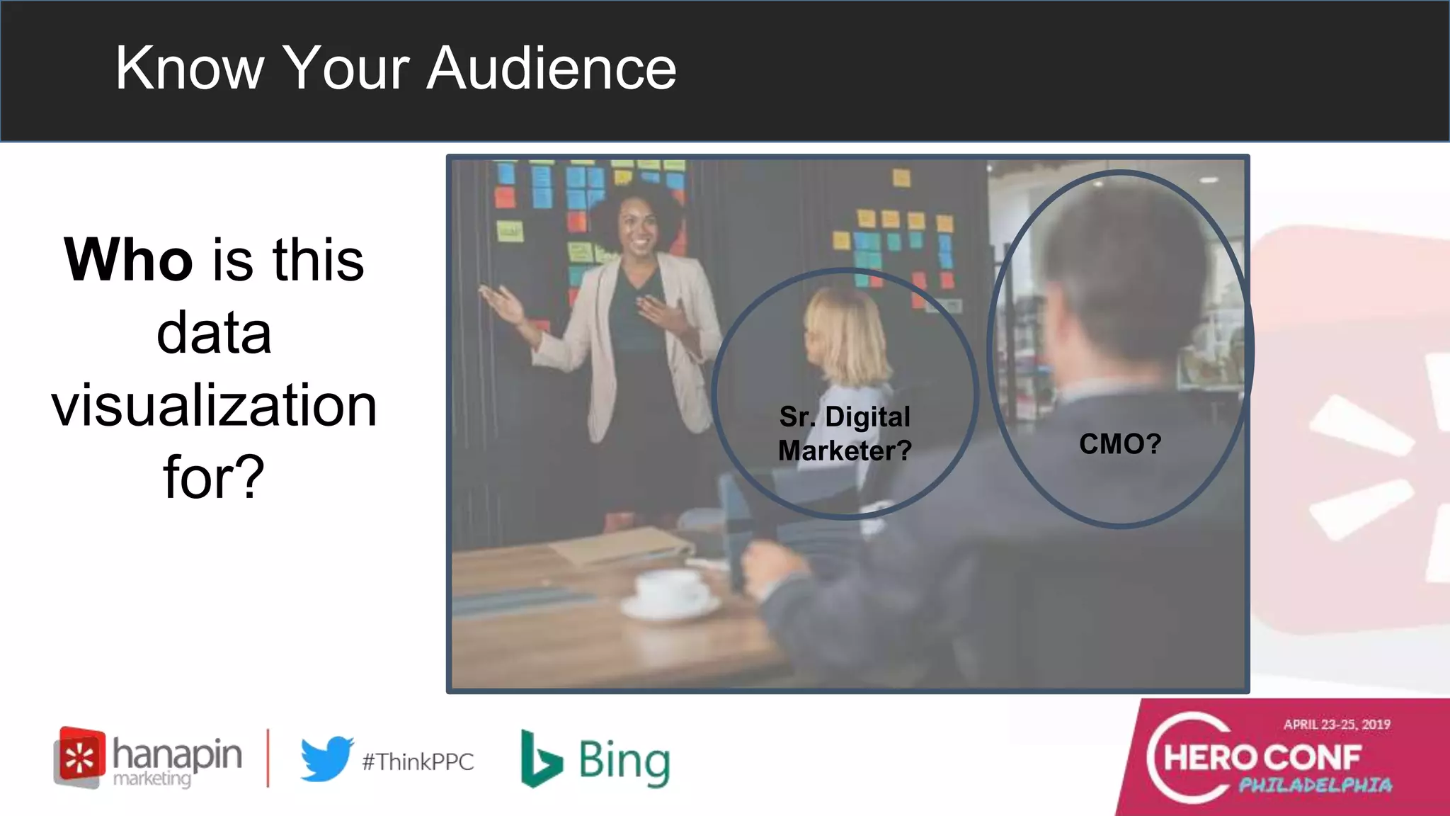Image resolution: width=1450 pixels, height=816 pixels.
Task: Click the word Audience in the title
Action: [552, 68]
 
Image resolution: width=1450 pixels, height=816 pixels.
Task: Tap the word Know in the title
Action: [189, 68]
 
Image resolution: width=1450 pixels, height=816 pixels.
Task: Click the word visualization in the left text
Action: [214, 405]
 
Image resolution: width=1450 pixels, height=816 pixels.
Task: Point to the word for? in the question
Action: [214, 477]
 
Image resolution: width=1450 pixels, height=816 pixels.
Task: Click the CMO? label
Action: [1120, 444]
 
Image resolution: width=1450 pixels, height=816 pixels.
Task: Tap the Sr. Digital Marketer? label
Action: [845, 433]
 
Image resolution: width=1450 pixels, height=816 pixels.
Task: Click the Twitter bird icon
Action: [326, 759]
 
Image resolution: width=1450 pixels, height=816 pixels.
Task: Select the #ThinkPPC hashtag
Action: [418, 762]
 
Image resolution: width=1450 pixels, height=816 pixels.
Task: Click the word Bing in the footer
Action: [624, 761]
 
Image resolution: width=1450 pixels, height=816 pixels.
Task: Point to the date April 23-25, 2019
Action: [1337, 725]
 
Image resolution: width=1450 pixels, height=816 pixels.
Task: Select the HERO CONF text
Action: [1262, 758]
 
